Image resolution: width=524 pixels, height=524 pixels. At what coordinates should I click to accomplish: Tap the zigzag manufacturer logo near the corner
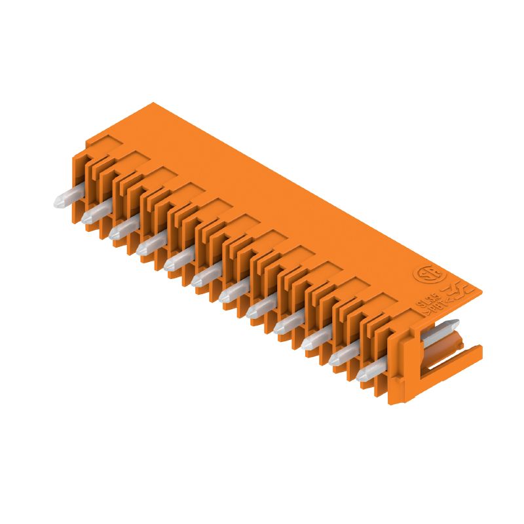click(x=452, y=291)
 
